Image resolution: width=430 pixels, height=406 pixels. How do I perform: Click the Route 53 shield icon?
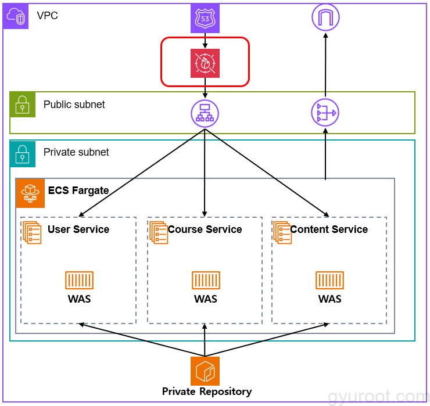(205, 19)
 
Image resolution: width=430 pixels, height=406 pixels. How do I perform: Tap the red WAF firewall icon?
(205, 63)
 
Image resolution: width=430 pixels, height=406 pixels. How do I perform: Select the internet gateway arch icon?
(325, 17)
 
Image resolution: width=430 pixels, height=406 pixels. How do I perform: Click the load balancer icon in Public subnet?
(205, 114)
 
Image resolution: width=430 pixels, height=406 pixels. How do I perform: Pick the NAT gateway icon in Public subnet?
(325, 113)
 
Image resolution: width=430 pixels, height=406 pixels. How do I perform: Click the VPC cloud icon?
(16, 16)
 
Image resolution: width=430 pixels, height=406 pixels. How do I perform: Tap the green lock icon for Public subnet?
(23, 105)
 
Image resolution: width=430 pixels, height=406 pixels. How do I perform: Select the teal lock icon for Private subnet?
(23, 154)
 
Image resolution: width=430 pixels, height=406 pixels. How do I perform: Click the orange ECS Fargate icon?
(30, 193)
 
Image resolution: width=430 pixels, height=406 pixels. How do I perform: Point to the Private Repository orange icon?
(205, 371)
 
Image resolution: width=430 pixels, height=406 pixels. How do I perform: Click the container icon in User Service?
(79, 280)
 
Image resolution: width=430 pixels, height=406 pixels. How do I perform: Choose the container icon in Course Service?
(206, 280)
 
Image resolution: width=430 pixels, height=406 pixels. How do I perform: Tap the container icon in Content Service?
(329, 280)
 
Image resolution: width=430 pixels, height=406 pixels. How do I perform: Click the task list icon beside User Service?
(32, 233)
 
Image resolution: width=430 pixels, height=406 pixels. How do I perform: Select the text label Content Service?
(329, 229)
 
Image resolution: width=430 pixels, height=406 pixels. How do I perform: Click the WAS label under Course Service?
(206, 299)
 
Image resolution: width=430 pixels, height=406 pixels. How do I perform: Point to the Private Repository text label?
(207, 391)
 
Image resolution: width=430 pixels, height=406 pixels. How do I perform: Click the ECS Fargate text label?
(78, 191)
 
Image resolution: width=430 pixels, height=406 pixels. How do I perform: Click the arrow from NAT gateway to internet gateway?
(325, 65)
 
